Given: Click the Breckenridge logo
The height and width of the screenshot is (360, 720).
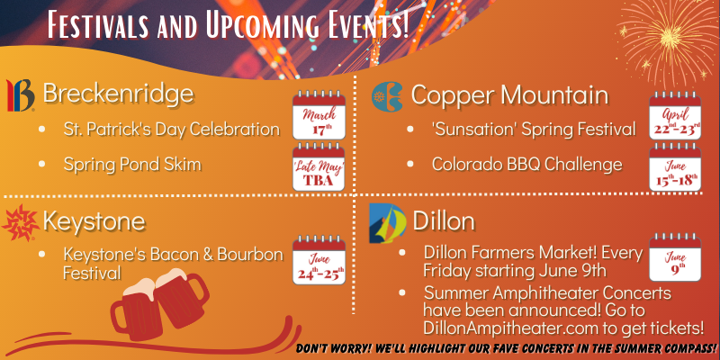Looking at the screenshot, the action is (x=20, y=95).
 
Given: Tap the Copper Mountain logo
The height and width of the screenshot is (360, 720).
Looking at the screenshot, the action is (x=387, y=97).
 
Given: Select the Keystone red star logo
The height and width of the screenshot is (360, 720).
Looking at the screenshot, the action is (x=20, y=222).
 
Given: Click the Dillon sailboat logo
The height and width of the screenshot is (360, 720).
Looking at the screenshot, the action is (x=388, y=223).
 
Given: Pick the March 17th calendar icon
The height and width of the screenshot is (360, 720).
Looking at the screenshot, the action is (x=319, y=115).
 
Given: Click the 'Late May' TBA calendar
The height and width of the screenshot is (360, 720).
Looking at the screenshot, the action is (x=319, y=166).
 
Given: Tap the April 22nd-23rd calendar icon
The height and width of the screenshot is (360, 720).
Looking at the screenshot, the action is (x=675, y=115).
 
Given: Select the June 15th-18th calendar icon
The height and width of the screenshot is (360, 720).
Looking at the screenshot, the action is (x=675, y=166).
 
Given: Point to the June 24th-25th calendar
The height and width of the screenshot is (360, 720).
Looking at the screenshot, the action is (x=319, y=260).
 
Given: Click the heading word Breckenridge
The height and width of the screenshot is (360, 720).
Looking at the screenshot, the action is (x=118, y=94).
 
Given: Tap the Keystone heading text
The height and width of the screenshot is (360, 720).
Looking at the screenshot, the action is (x=94, y=221).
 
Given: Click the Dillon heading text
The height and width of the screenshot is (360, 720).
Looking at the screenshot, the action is (x=444, y=221).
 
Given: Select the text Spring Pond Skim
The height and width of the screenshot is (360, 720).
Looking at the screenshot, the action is (x=132, y=165).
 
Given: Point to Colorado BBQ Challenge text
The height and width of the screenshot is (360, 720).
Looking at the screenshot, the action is (x=527, y=164).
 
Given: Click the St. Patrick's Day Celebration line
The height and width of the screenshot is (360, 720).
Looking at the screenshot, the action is (x=171, y=129).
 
